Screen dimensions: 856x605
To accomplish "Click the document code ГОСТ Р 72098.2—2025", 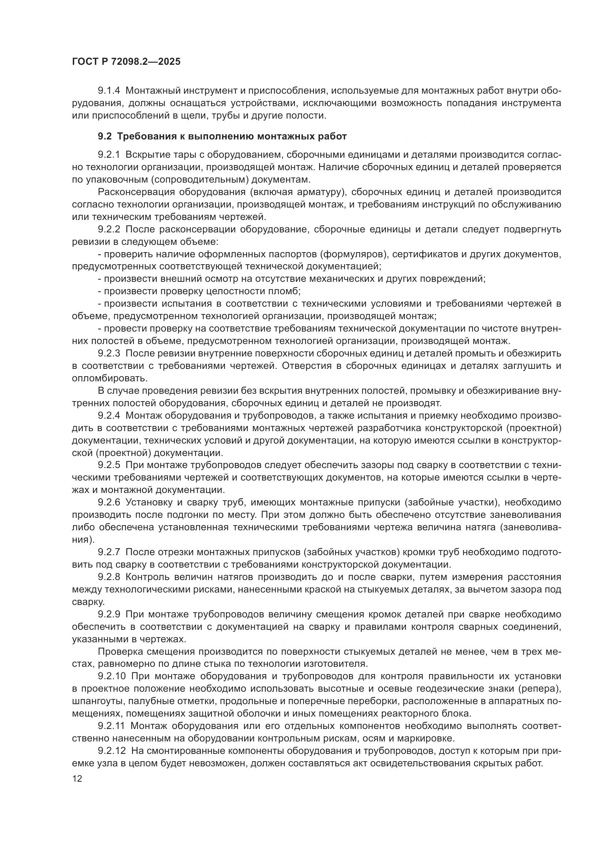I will tap(126, 61).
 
